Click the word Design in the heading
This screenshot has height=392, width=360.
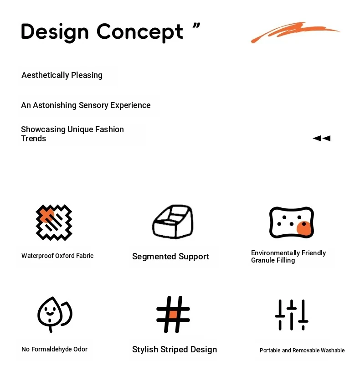pos(55,32)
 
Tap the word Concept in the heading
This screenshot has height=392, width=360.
pos(140,32)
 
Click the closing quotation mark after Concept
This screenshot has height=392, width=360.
pos(196,26)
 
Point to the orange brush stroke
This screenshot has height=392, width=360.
pos(295,32)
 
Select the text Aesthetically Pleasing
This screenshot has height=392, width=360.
pos(62,75)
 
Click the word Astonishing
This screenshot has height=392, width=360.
pos(55,105)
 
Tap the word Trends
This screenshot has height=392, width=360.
pos(34,139)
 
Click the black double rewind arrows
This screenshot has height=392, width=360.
pos(322,138)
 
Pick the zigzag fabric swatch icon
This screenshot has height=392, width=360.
pos(54,222)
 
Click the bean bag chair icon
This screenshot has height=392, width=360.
pos(173,222)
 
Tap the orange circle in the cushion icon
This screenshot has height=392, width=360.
pos(304,228)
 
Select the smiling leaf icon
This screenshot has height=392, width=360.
pos(55,314)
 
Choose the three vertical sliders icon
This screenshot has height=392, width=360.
pos(292,315)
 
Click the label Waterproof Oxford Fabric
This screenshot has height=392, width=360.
pos(57,256)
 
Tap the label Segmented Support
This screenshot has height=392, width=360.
pos(171,257)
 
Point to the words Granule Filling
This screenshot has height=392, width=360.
pos(273,261)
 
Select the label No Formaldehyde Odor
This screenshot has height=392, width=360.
pos(55,349)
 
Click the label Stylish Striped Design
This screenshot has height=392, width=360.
pos(175,350)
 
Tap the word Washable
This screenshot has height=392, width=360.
pos(333,351)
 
